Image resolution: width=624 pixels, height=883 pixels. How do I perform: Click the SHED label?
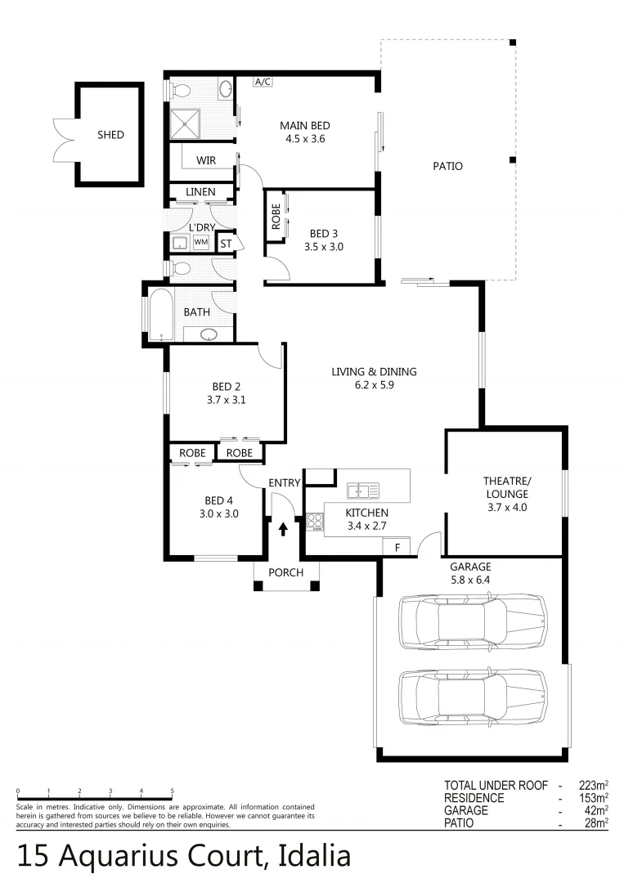click(x=110, y=135)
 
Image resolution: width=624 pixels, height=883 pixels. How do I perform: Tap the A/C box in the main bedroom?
click(x=263, y=83)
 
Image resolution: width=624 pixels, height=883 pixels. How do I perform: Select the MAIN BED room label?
click(x=304, y=125)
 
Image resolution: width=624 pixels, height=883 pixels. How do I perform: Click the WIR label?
click(x=206, y=160)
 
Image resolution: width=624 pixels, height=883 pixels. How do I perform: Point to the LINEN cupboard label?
click(x=200, y=192)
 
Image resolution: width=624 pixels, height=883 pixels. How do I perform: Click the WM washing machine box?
click(x=200, y=243)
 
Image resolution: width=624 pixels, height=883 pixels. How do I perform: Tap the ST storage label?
click(x=226, y=243)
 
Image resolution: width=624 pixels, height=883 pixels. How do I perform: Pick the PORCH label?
click(x=285, y=572)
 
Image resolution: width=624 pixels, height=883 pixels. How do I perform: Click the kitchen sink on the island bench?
click(x=362, y=491)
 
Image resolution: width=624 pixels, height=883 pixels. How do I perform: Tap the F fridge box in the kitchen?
click(x=397, y=547)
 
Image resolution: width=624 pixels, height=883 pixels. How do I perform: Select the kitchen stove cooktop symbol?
click(x=315, y=522)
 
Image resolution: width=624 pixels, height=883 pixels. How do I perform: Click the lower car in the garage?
click(x=471, y=697)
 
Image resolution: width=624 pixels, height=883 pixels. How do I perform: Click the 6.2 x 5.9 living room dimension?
click(x=374, y=385)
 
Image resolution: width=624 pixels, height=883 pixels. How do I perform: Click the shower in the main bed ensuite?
click(x=184, y=123)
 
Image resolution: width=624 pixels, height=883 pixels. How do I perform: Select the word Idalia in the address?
click(x=314, y=856)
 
